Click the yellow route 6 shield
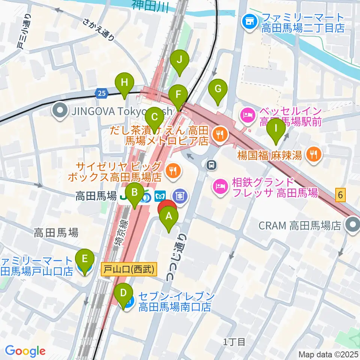340,194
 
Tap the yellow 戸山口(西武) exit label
129,270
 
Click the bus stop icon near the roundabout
211,164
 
